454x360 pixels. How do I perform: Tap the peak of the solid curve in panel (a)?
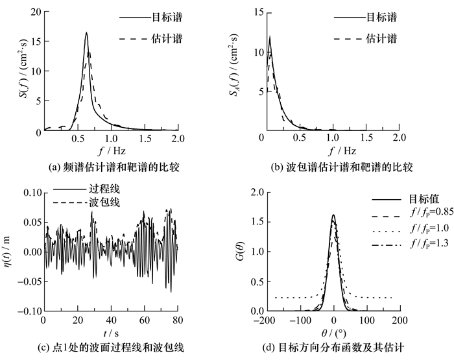click(86, 33)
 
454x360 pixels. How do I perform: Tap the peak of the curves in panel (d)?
click(333, 215)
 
